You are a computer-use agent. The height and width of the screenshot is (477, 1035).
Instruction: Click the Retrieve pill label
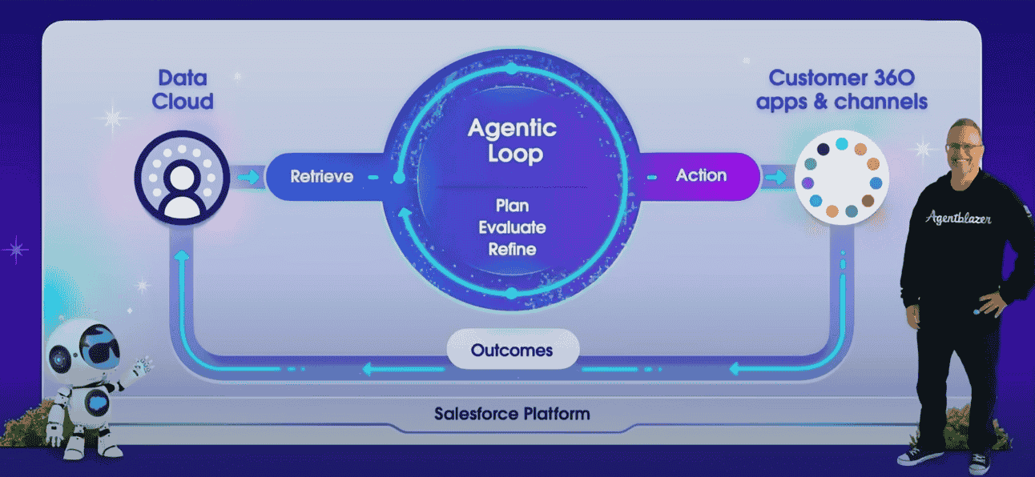point(321,176)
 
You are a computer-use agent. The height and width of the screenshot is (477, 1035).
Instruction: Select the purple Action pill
point(701,175)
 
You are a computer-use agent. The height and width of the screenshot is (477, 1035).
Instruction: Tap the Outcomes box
point(513,351)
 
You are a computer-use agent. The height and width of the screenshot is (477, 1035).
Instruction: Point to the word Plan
point(512,206)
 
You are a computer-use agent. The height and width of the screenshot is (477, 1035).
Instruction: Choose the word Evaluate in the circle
point(512,227)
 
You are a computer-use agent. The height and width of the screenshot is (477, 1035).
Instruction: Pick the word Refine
point(512,249)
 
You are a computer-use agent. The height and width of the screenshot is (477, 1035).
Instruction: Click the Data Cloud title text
point(183,90)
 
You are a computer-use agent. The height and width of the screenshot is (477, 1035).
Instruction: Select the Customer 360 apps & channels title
point(848,90)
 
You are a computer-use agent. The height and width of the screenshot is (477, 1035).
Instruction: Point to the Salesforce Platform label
point(512,414)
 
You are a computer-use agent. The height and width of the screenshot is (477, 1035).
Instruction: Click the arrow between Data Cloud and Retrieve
point(249,176)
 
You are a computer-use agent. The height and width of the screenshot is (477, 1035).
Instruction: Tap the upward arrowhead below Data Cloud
point(183,255)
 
